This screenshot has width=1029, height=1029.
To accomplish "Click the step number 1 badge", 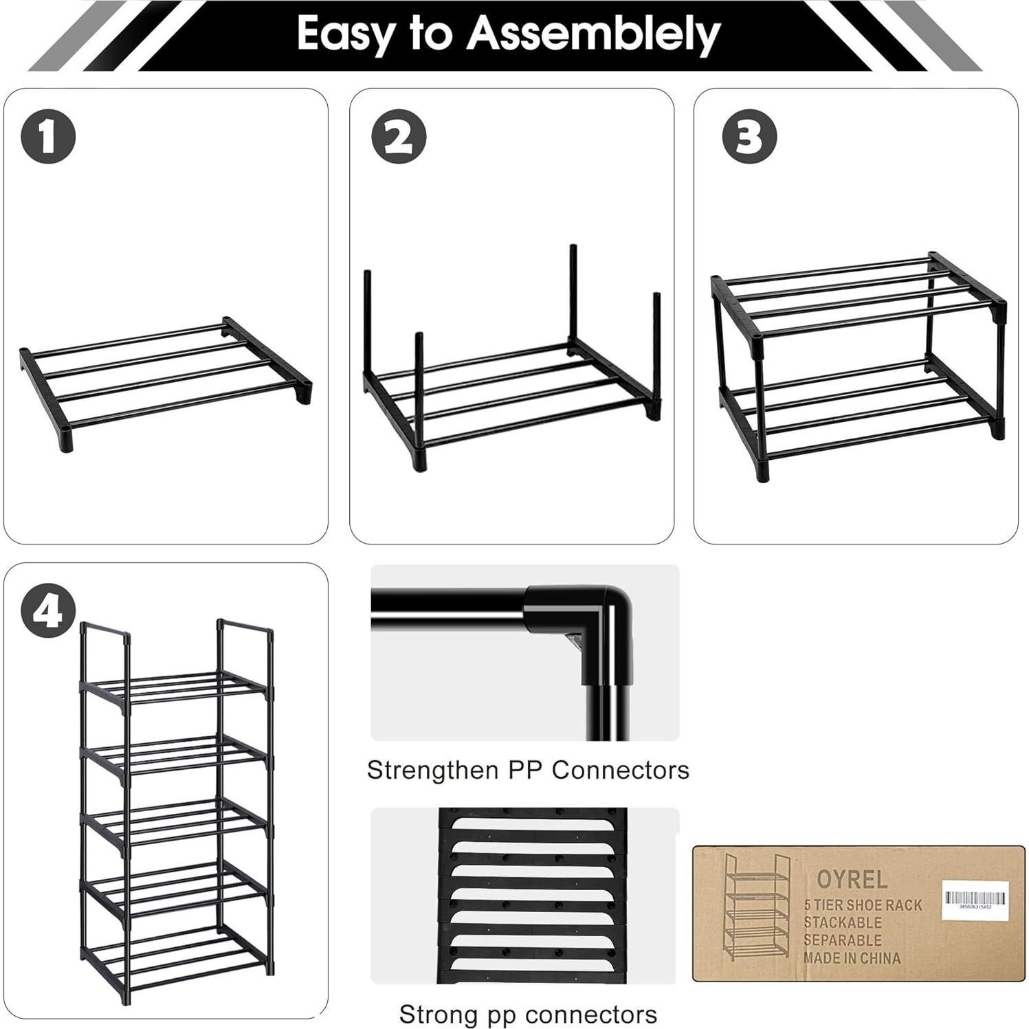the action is [48, 136].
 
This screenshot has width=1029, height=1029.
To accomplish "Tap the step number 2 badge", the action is [399, 136].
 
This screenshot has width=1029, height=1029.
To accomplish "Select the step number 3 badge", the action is [749, 136].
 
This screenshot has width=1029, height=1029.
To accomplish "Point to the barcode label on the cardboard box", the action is [975, 898].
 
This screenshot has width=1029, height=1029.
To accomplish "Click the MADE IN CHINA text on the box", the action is [852, 958].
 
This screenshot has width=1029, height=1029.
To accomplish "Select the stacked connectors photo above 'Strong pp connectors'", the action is [533, 895].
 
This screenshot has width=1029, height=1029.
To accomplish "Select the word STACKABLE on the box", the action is [843, 923].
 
